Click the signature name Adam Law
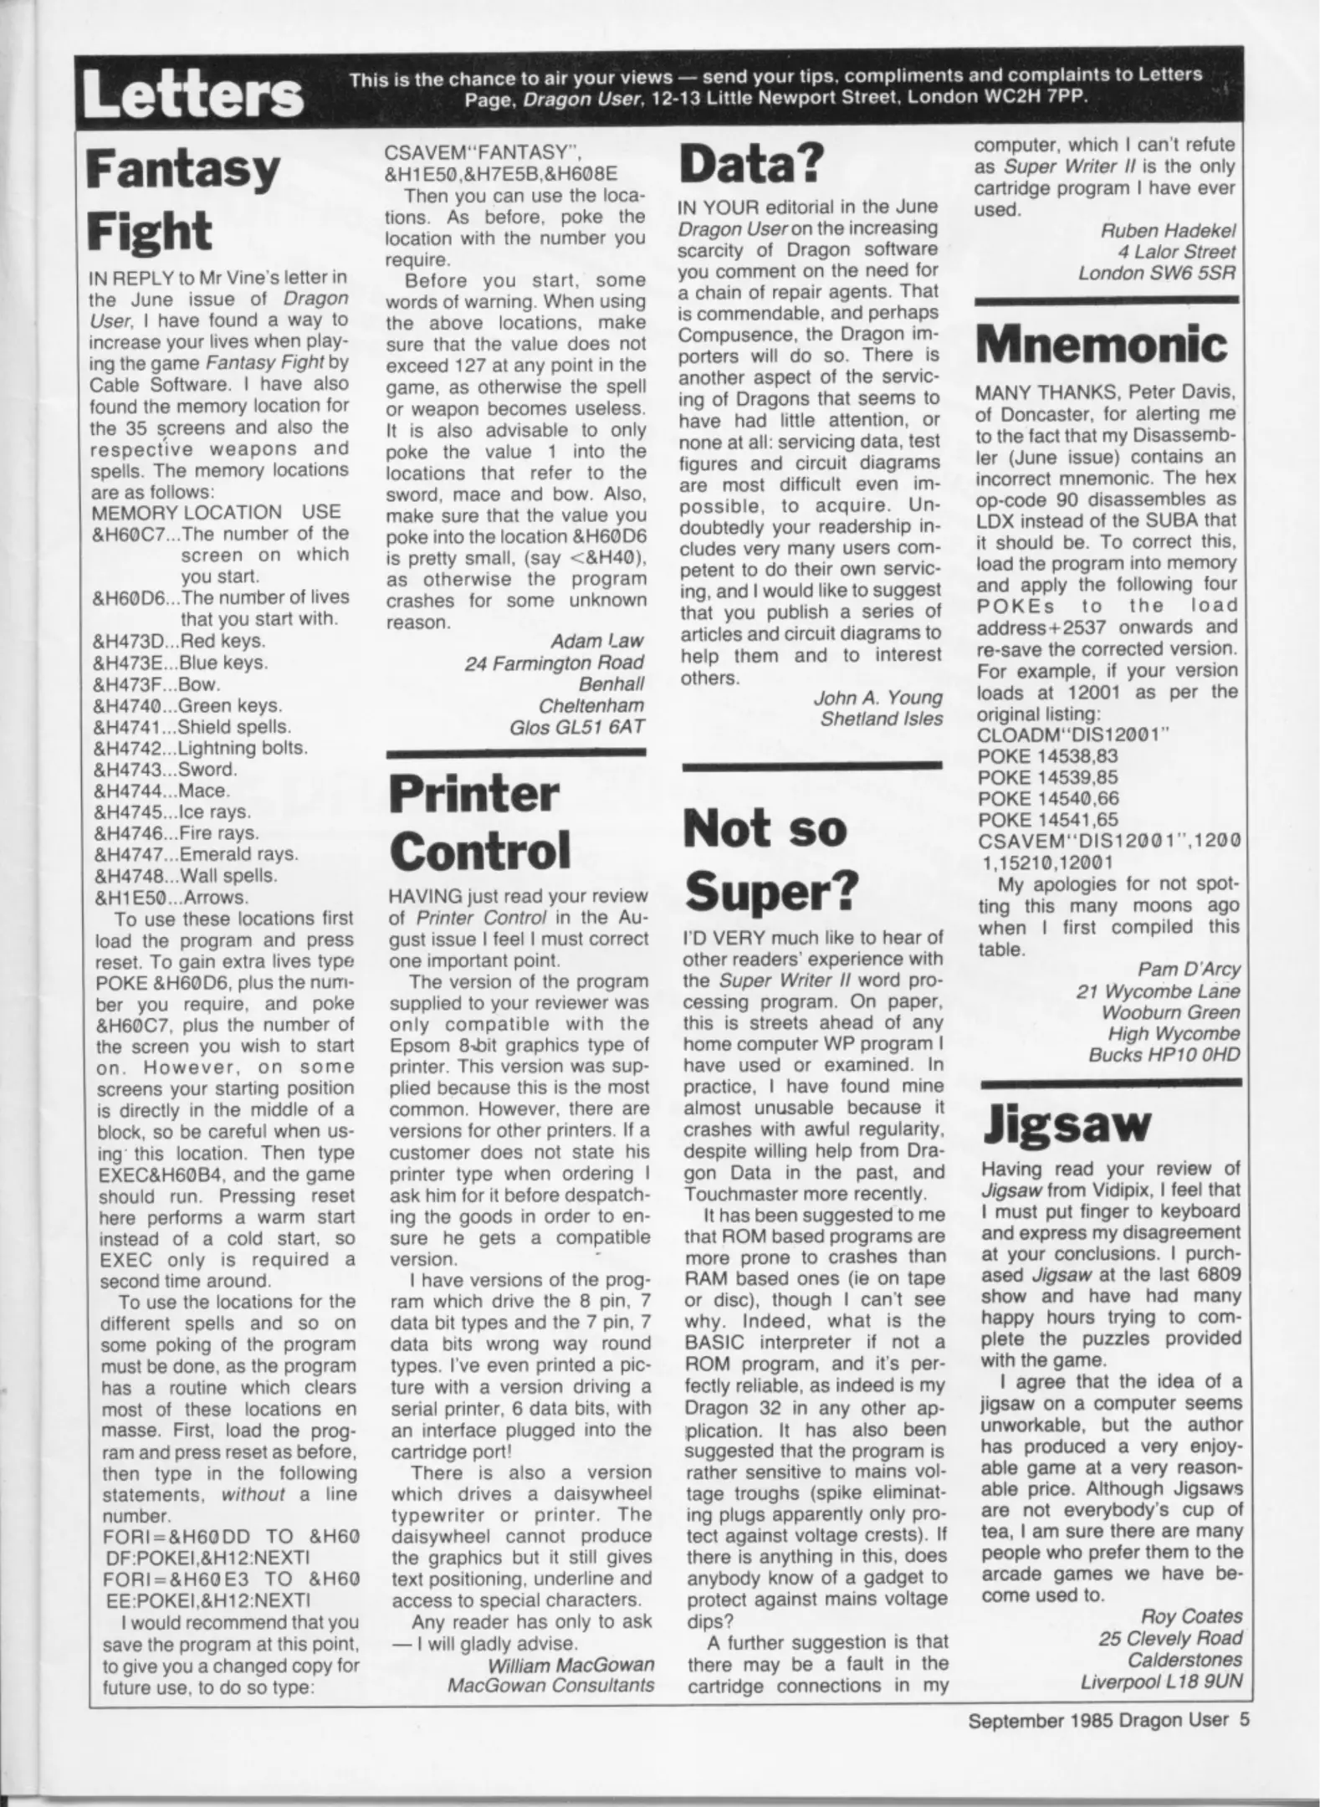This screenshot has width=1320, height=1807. click(596, 641)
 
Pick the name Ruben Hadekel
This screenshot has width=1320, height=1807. click(1168, 231)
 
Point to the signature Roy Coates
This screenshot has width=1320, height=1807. click(1191, 1616)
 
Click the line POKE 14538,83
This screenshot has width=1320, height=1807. click(1046, 756)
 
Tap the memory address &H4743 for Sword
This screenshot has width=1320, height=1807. click(133, 770)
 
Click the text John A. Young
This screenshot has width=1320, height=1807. click(877, 698)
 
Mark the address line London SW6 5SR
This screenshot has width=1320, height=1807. click(1157, 274)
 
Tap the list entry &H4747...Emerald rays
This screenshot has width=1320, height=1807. click(195, 855)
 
